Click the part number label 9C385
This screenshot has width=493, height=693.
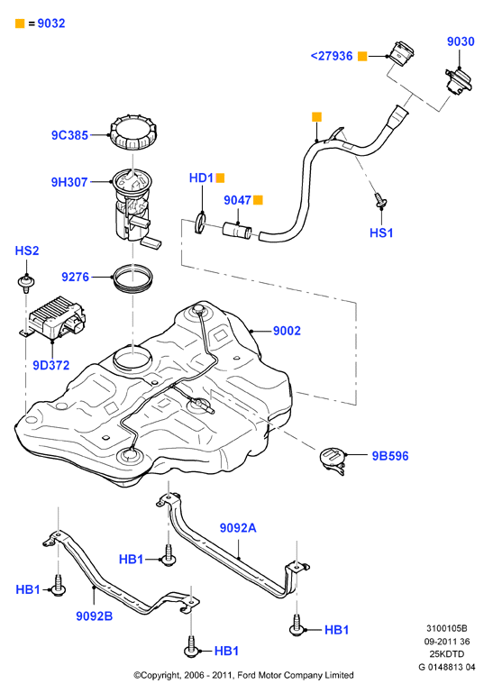pyautogui.click(x=70, y=135)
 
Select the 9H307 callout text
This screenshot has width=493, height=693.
pyautogui.click(x=69, y=182)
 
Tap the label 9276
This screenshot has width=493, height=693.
pyautogui.click(x=75, y=278)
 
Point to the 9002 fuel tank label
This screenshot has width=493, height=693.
pyautogui.click(x=287, y=331)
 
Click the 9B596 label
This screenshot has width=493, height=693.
pyautogui.click(x=390, y=456)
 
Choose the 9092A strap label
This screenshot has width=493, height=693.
pyautogui.click(x=238, y=528)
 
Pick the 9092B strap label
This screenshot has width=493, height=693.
pyautogui.click(x=94, y=615)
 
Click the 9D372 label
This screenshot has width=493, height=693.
pyautogui.click(x=51, y=365)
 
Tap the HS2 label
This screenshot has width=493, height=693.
pyautogui.click(x=27, y=251)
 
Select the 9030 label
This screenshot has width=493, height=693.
pyautogui.click(x=461, y=41)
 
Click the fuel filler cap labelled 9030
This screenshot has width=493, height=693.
pyautogui.click(x=459, y=81)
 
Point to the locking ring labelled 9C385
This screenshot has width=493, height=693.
pyautogui.click(x=133, y=132)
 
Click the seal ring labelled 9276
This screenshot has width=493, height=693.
pyautogui.click(x=133, y=278)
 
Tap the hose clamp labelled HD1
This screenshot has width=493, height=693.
pyautogui.click(x=200, y=223)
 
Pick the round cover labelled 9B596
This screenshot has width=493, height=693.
pyautogui.click(x=333, y=460)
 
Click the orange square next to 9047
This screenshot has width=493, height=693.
pyautogui.click(x=259, y=200)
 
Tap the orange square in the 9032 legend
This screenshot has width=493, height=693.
pyautogui.click(x=20, y=23)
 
